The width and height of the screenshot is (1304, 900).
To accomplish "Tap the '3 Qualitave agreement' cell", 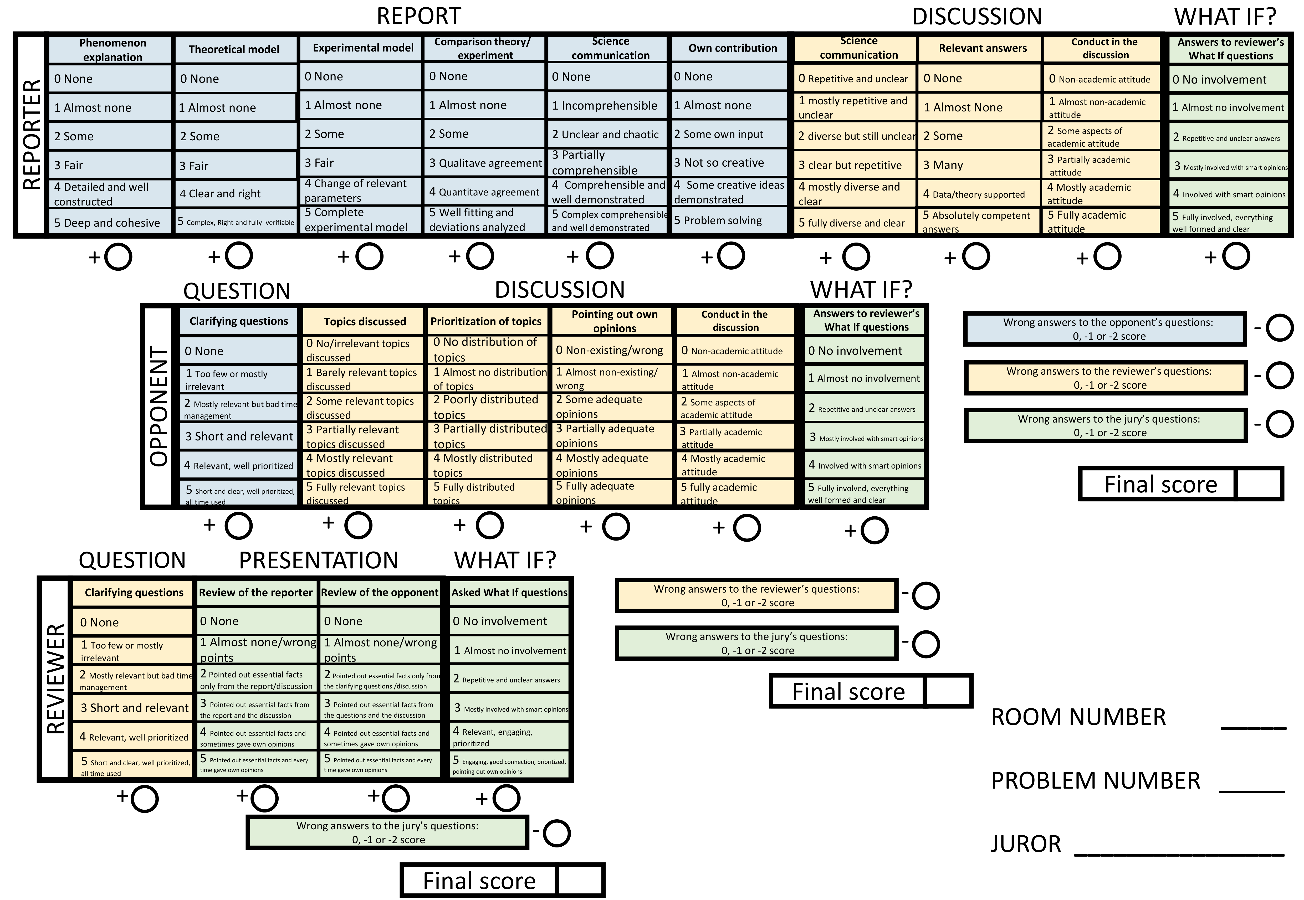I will [x=484, y=163].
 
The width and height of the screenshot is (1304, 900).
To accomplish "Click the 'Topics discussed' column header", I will [x=364, y=321].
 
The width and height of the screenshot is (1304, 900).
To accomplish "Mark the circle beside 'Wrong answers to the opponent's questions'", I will [x=1279, y=328].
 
